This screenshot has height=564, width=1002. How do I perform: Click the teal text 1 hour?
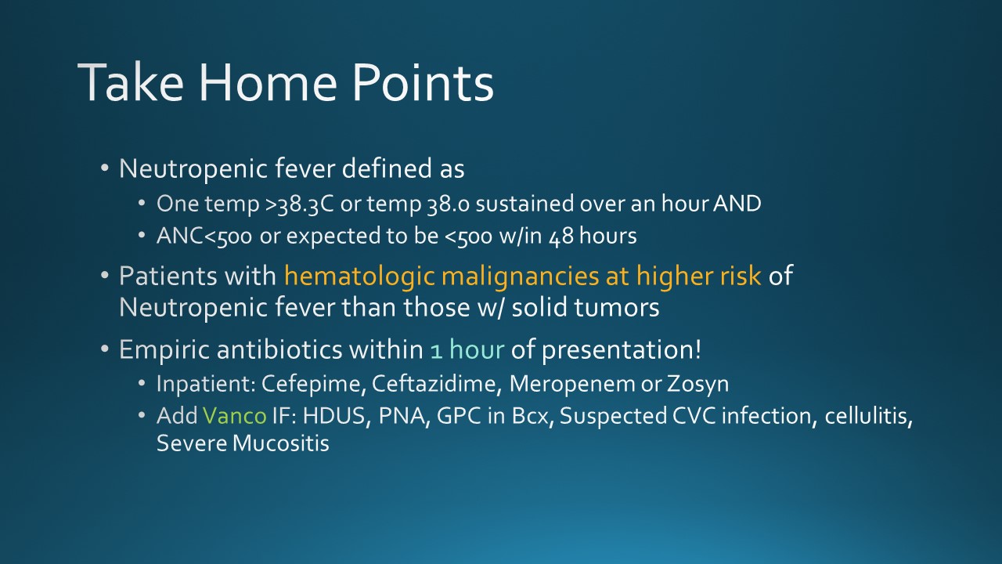[467, 349]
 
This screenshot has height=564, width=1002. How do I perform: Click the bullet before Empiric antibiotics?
[105, 349]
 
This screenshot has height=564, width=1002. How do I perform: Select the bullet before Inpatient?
[142, 384]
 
